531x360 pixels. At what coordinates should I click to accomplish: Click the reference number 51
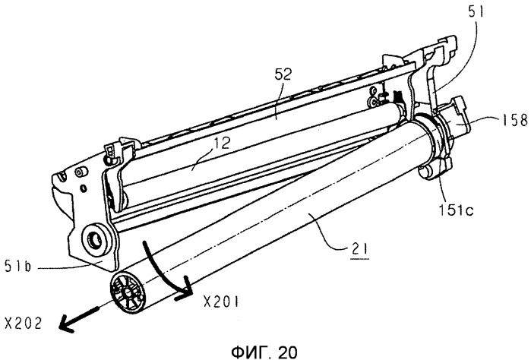pyautogui.click(x=476, y=12)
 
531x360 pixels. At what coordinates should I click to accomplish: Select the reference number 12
pyautogui.click(x=222, y=143)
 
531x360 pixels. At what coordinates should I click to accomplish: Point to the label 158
pyautogui.click(x=514, y=120)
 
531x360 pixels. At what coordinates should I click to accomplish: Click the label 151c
pyautogui.click(x=456, y=210)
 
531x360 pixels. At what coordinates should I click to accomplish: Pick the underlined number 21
pyautogui.click(x=359, y=250)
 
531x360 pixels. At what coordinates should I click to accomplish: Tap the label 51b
pyautogui.click(x=18, y=266)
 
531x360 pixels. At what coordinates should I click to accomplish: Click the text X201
pyautogui.click(x=221, y=301)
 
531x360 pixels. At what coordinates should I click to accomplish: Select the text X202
pyautogui.click(x=24, y=323)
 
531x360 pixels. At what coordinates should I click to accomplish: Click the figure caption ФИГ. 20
pyautogui.click(x=264, y=352)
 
